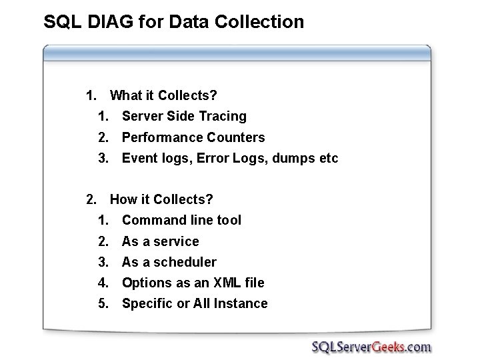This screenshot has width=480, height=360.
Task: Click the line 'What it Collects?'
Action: coord(163,95)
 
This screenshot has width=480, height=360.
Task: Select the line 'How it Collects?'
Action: coord(161,199)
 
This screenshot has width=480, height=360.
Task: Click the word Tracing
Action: coord(223,117)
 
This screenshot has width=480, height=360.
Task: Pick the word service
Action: coord(178,241)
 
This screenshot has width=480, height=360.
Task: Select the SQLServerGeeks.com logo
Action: coord(371,347)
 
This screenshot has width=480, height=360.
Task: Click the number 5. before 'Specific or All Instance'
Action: coord(103,304)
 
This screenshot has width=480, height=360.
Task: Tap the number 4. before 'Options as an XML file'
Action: coord(103,283)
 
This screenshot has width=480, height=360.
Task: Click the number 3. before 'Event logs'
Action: coord(103,159)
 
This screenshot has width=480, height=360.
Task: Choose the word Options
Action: coord(146,283)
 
